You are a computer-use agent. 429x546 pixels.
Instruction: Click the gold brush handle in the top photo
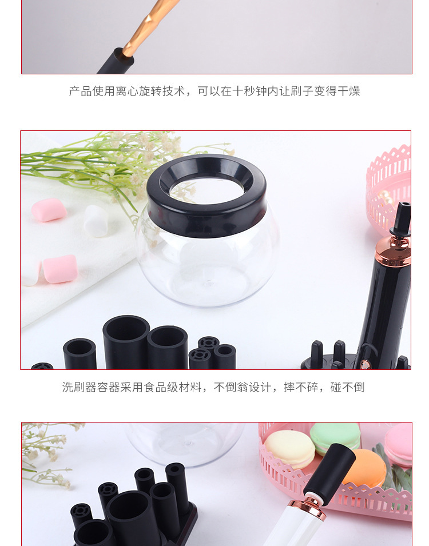coord(150,28)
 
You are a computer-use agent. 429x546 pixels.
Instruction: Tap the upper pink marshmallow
coord(49,210)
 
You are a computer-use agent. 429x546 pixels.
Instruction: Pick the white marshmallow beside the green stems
coord(96,221)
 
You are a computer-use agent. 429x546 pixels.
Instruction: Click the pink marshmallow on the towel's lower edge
coord(60,269)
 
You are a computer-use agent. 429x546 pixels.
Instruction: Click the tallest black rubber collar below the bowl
coord(126,342)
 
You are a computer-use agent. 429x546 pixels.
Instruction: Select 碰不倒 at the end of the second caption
coord(347,387)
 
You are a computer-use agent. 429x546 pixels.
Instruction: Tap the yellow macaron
coord(289,449)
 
